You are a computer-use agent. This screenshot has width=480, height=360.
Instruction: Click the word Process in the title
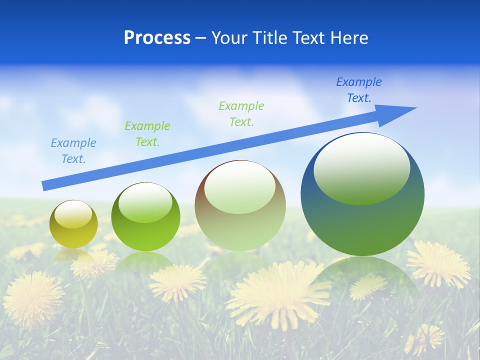tap(157, 38)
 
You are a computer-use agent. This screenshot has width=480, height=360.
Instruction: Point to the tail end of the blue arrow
tap(45, 186)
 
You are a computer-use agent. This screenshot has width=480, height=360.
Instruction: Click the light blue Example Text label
tap(73, 151)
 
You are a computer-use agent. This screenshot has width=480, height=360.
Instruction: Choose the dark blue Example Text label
tap(359, 90)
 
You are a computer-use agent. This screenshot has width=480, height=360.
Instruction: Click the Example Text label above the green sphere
tap(147, 134)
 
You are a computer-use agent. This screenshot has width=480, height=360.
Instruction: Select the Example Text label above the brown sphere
tap(241, 114)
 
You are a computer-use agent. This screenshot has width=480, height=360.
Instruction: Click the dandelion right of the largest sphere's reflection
tap(438, 263)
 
